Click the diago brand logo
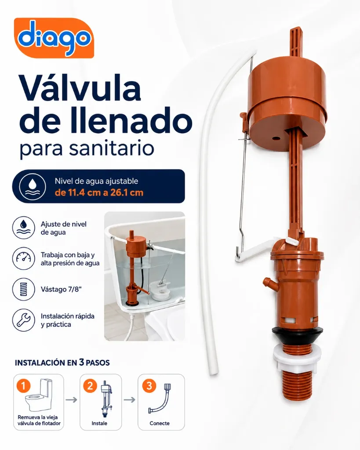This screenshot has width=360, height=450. point(54,38)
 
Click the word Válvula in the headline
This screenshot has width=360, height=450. point(80,88)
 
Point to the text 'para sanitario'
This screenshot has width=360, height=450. point(87,149)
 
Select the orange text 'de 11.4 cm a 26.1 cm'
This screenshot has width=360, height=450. point(99,192)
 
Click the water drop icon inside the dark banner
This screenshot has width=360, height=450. point(33,186)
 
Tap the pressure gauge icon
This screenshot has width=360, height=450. point(24,258)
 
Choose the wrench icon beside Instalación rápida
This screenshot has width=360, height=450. point(24,320)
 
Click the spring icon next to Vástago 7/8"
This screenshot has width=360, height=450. point(24,289)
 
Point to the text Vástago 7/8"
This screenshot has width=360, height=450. point(61,289)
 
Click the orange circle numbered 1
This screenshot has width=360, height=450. point(24,386)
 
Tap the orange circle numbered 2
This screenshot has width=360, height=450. point(90,386)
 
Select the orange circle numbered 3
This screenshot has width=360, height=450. point(149,386)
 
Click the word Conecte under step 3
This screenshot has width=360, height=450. point(160,423)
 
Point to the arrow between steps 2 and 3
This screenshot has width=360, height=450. point(130,399)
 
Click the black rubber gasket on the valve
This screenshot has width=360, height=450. point(298,336)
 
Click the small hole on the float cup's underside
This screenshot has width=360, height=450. point(276,138)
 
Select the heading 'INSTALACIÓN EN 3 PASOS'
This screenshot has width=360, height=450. point(62,363)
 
